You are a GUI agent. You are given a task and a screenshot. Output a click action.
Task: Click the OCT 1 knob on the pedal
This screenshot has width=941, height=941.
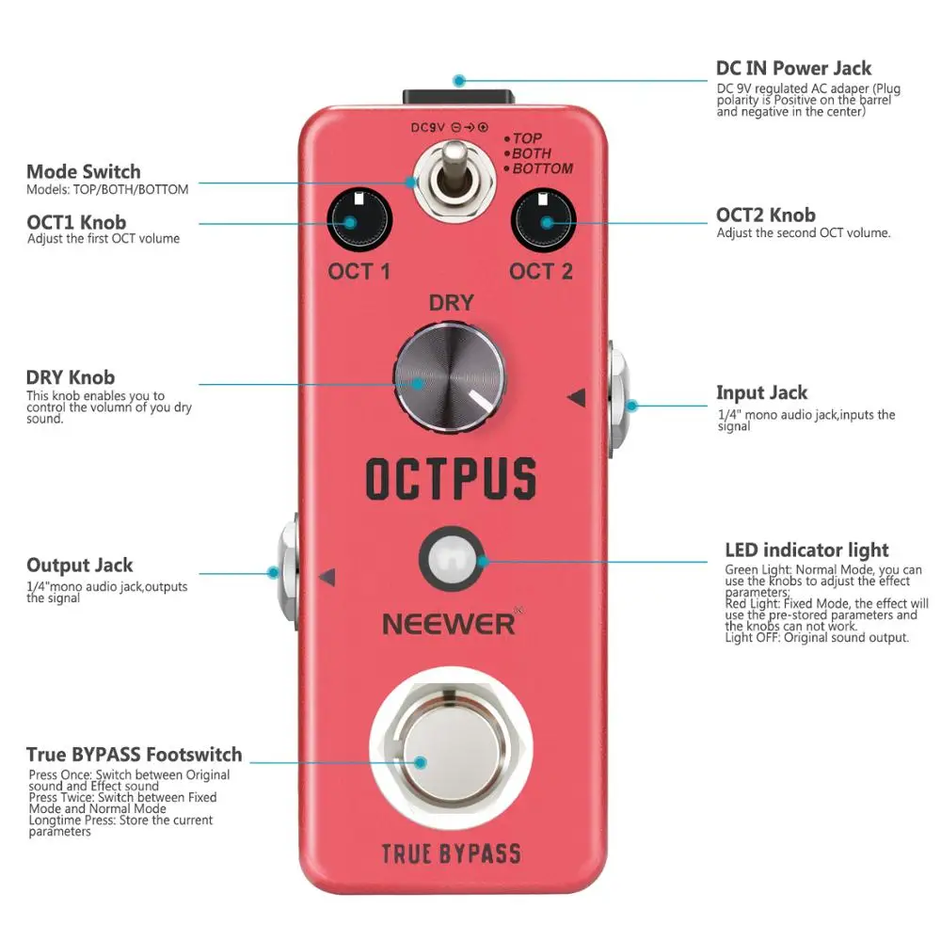pos(359,223)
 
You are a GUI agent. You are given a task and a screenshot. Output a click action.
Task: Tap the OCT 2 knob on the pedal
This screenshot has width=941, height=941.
pos(543,223)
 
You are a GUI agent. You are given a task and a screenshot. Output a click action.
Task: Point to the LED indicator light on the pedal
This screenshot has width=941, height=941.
pos(452,562)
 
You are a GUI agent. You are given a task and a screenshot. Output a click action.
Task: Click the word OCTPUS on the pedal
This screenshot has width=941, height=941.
pos(452,478)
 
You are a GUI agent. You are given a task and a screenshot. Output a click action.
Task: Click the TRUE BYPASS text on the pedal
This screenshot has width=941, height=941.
pos(451,853)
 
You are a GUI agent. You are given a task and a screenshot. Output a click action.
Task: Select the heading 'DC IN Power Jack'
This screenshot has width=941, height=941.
pos(793,69)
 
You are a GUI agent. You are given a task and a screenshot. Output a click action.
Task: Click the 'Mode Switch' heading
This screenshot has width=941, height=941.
pos(84,171)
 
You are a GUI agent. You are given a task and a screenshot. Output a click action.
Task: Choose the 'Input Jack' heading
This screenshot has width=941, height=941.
pos(761,392)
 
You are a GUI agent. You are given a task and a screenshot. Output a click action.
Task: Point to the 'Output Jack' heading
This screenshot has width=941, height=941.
pos(80,565)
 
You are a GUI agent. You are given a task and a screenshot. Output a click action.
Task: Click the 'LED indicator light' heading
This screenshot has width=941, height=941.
pos(806,550)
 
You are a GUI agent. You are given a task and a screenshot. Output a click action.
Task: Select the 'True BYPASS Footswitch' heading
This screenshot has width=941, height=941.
pos(134,755)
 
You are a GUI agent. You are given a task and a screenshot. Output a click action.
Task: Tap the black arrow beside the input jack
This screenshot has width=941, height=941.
pos(577,399)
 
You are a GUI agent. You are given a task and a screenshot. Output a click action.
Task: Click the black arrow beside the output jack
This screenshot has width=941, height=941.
pos(327,576)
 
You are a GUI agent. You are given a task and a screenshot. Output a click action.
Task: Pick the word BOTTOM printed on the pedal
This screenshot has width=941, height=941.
pos(542,168)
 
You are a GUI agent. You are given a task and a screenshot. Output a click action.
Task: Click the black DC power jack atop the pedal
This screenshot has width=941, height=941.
pos(458,99)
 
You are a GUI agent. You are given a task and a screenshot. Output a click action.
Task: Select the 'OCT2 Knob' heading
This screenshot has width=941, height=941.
pos(765,215)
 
